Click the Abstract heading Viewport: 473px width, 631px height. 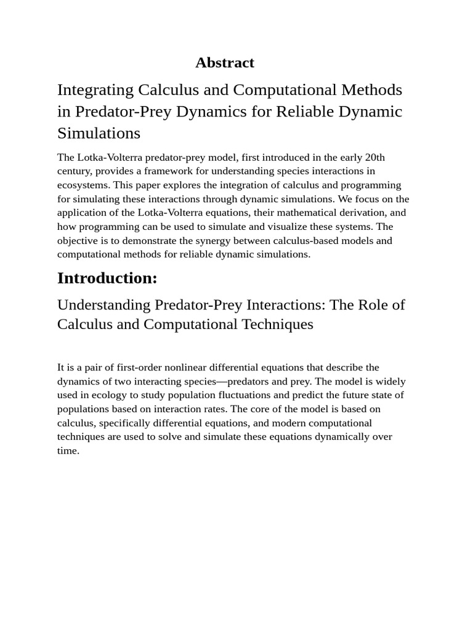[x=224, y=62]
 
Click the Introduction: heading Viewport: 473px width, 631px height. [x=107, y=278]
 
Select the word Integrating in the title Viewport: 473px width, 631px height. [x=95, y=90]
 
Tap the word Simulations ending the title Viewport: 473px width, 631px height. [x=99, y=133]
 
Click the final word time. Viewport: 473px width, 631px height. [x=68, y=450]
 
